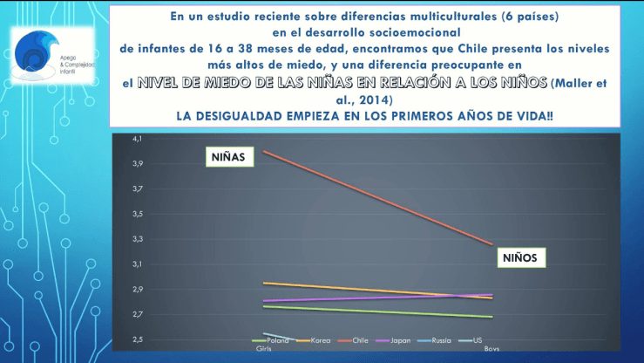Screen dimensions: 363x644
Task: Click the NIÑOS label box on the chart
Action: (x=520, y=257)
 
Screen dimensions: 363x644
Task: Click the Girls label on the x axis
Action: (x=263, y=347)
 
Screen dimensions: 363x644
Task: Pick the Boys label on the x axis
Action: (x=491, y=349)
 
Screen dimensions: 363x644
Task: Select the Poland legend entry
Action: (x=277, y=340)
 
